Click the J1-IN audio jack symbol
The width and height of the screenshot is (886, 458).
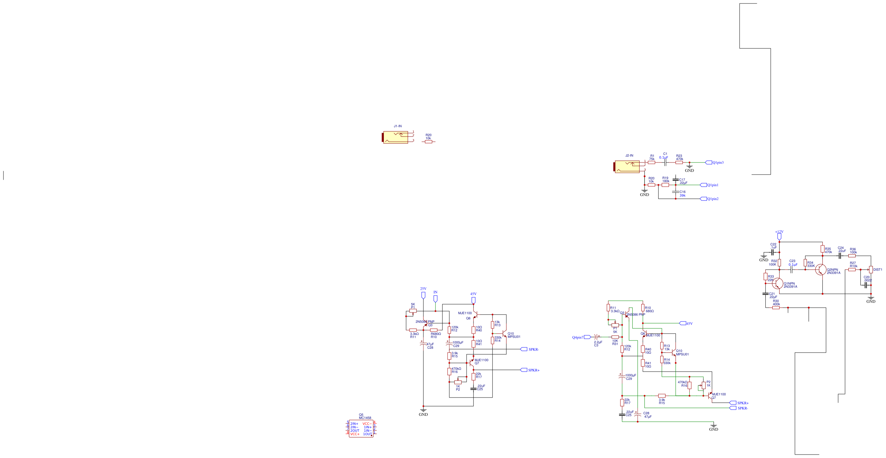[x=396, y=137]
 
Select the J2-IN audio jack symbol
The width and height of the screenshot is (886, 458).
[x=628, y=166]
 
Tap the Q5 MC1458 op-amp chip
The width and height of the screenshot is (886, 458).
[x=361, y=429]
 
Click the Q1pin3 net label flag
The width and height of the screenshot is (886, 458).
[x=708, y=162]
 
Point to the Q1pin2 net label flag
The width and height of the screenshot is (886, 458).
[x=703, y=199]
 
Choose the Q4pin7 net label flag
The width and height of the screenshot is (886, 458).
[x=587, y=337]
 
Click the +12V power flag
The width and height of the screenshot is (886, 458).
[x=779, y=236]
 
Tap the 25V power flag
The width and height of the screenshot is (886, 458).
[x=423, y=295]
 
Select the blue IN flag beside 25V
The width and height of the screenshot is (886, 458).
[x=435, y=298]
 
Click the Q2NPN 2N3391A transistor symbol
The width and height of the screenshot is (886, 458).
[x=820, y=270]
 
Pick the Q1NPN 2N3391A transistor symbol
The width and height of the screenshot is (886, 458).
[x=777, y=283]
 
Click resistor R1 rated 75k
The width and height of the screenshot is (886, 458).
[x=651, y=162]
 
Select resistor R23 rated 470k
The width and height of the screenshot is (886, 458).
[x=679, y=162]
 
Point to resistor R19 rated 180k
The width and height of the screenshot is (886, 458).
[x=665, y=185]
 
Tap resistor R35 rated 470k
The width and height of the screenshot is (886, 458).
[x=822, y=249]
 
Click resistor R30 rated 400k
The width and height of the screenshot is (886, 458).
[x=776, y=308]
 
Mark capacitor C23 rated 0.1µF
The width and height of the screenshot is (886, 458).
[x=791, y=270]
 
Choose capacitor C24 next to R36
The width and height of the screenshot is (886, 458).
[x=839, y=256]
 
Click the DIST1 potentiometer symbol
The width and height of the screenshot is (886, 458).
[x=871, y=270]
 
